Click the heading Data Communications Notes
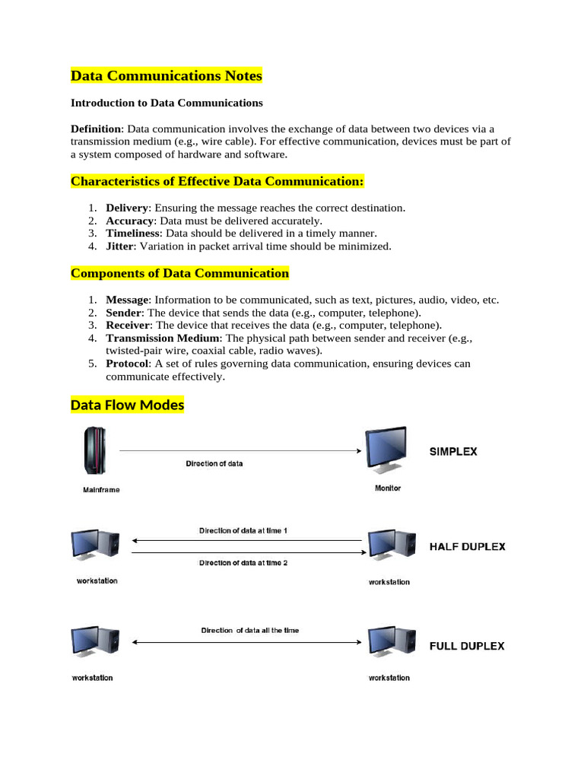click(x=166, y=76)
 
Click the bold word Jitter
click(x=120, y=246)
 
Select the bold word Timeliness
click(x=132, y=234)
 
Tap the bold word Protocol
click(x=127, y=364)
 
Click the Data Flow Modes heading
click(x=127, y=405)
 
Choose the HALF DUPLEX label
click(x=467, y=546)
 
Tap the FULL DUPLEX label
click(x=466, y=646)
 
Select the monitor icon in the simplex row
click(x=388, y=452)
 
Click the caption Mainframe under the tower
click(x=101, y=490)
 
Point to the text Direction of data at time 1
click(x=243, y=530)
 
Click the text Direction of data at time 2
click(x=243, y=563)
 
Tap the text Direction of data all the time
click(x=249, y=630)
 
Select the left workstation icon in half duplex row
click(x=94, y=545)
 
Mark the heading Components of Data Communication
click(x=179, y=273)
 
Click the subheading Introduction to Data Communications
click(x=167, y=103)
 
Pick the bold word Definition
click(x=96, y=129)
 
